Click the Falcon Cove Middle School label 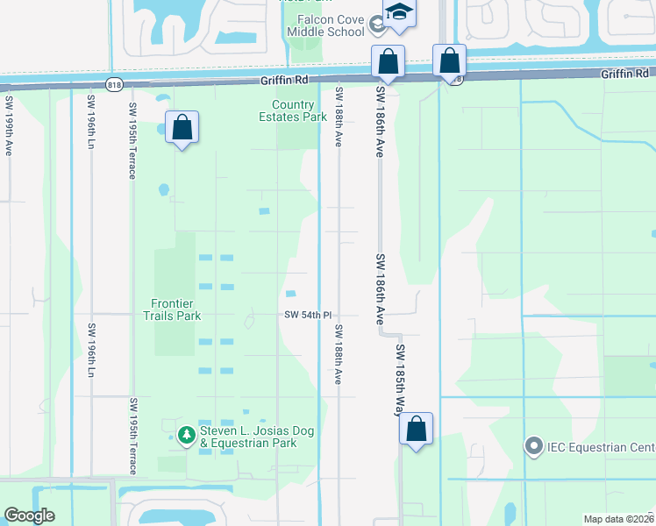click(324, 26)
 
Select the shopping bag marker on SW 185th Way click(417, 430)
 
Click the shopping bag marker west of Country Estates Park click(182, 128)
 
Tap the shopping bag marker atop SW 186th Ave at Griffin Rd click(388, 62)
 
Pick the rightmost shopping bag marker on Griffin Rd click(449, 61)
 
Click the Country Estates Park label click(293, 110)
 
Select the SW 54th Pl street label click(307, 315)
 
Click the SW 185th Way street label click(400, 378)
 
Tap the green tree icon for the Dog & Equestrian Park click(186, 434)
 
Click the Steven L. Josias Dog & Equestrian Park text click(248, 437)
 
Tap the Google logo click(29, 515)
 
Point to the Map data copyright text click(617, 519)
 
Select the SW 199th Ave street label click(8, 126)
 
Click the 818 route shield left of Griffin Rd click(113, 84)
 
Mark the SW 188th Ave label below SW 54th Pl click(338, 354)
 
